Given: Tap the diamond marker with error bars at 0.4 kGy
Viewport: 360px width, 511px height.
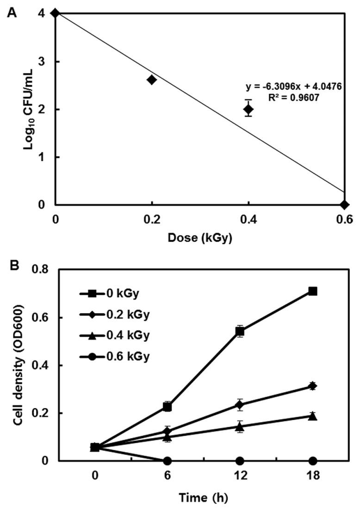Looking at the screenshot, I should click(x=248, y=109).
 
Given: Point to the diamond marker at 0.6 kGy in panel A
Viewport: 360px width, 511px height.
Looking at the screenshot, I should click(x=344, y=205).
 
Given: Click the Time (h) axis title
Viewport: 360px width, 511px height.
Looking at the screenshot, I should click(x=204, y=499).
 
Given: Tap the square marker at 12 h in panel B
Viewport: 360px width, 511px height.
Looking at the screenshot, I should click(x=240, y=331).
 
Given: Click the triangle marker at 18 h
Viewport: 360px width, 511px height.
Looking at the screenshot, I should click(x=313, y=416).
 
